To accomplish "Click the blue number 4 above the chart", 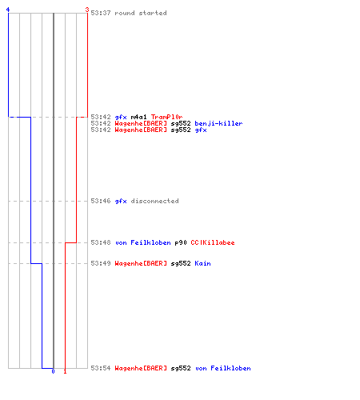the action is tap(8, 10).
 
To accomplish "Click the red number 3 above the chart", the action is tap(87, 10).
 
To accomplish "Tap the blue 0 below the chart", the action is tap(53, 371).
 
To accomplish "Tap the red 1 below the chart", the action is tap(65, 371).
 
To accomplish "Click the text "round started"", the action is tap(141, 13).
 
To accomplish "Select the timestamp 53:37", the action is tap(101, 13).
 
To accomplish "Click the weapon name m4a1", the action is tap(138, 117).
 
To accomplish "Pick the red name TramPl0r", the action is tap(167, 117).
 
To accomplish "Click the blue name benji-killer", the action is tap(218, 123).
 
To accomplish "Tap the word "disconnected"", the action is tap(154, 201).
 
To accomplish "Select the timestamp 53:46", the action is tap(101, 201).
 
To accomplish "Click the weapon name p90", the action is tap(181, 242).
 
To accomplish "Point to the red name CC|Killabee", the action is tap(213, 242).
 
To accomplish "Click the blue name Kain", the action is tap(202, 263).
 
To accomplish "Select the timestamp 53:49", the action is tap(101, 263).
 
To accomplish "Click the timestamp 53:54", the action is tap(101, 368).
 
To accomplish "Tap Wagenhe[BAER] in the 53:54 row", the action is tap(141, 368).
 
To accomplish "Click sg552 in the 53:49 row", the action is tap(181, 263).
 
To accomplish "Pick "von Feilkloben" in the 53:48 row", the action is tap(143, 242).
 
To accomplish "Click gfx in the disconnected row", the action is tap(121, 201).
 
